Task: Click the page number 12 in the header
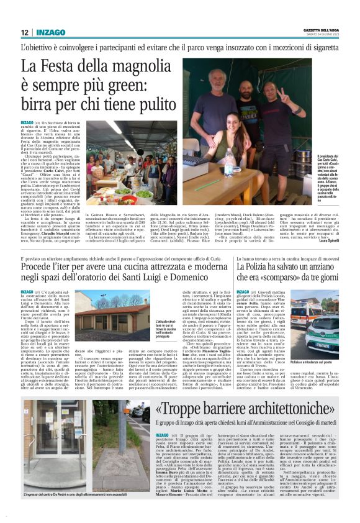pos(24,32)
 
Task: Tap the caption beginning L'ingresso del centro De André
pos(84,494)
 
